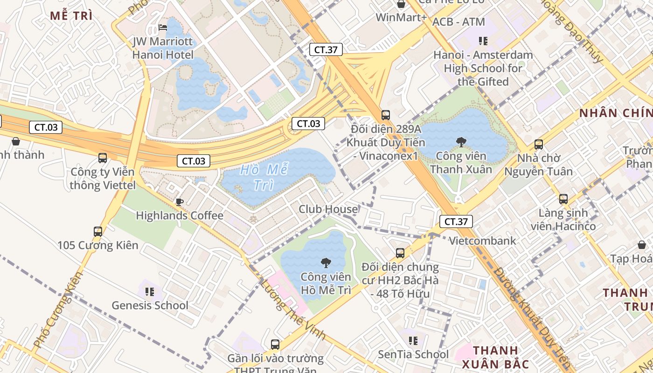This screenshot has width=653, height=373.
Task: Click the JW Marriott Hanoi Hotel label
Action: point(162,48)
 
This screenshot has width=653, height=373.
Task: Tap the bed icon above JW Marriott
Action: point(163,28)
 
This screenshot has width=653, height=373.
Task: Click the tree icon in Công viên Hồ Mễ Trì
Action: point(326,263)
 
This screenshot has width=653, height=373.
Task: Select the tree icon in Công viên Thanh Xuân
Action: point(461,142)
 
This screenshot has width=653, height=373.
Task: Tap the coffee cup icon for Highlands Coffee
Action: point(179,202)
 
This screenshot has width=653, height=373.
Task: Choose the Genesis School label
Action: point(150,305)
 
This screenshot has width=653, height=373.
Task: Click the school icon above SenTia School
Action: point(413,341)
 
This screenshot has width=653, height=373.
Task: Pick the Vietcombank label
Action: point(482,241)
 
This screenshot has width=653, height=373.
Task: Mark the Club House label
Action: point(328,209)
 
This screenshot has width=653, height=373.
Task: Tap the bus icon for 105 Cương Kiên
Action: point(98,231)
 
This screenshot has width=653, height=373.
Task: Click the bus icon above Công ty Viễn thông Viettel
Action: point(103,158)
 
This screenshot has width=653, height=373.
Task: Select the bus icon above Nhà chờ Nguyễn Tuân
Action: point(539,145)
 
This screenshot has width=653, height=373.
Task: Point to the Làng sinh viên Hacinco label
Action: point(563,220)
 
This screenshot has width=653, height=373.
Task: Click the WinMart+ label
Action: point(401,18)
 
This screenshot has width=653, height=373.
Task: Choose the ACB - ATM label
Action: point(458,22)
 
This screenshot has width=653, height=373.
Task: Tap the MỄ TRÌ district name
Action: point(71,15)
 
